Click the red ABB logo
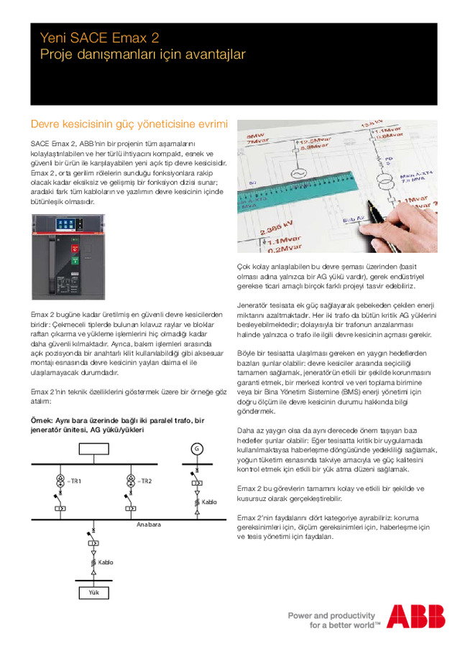[x=416, y=617]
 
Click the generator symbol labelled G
[x=195, y=449]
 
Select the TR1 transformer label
[x=75, y=481]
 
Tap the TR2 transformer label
[x=145, y=481]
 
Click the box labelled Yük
[x=93, y=593]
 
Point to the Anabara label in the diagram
[x=149, y=525]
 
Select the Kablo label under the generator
[x=209, y=502]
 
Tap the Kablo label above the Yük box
[x=106, y=561]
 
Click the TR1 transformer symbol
[x=60, y=481]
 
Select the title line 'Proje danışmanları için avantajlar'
[x=142, y=55]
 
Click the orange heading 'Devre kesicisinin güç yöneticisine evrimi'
[x=129, y=124]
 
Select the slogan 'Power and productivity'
[x=331, y=615]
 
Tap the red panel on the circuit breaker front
[x=74, y=259]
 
